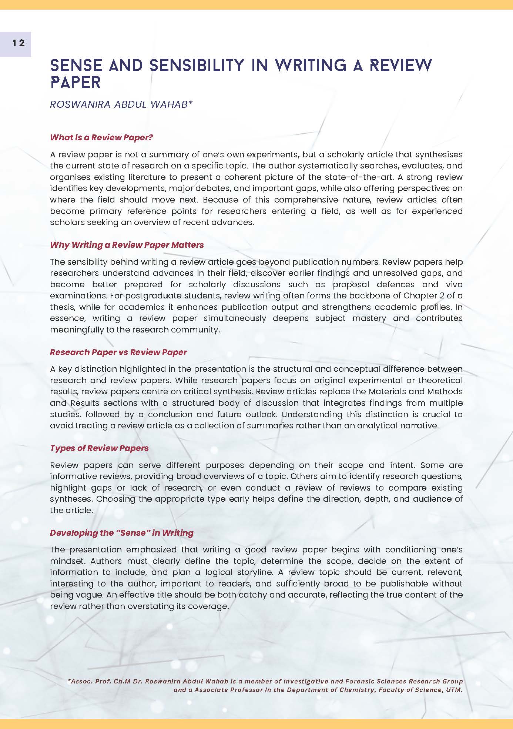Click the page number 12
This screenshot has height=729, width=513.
[x=19, y=43]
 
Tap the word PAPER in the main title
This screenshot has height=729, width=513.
[x=75, y=83]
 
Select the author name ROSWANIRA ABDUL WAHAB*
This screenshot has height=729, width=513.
[x=121, y=104]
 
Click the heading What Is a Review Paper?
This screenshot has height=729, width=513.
[x=101, y=137]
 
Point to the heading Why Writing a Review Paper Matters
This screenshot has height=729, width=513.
[x=127, y=245]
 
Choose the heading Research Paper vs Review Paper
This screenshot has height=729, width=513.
[x=118, y=352]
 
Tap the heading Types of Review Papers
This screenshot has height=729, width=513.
[x=99, y=448]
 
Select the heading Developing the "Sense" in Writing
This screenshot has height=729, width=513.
[x=121, y=533]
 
